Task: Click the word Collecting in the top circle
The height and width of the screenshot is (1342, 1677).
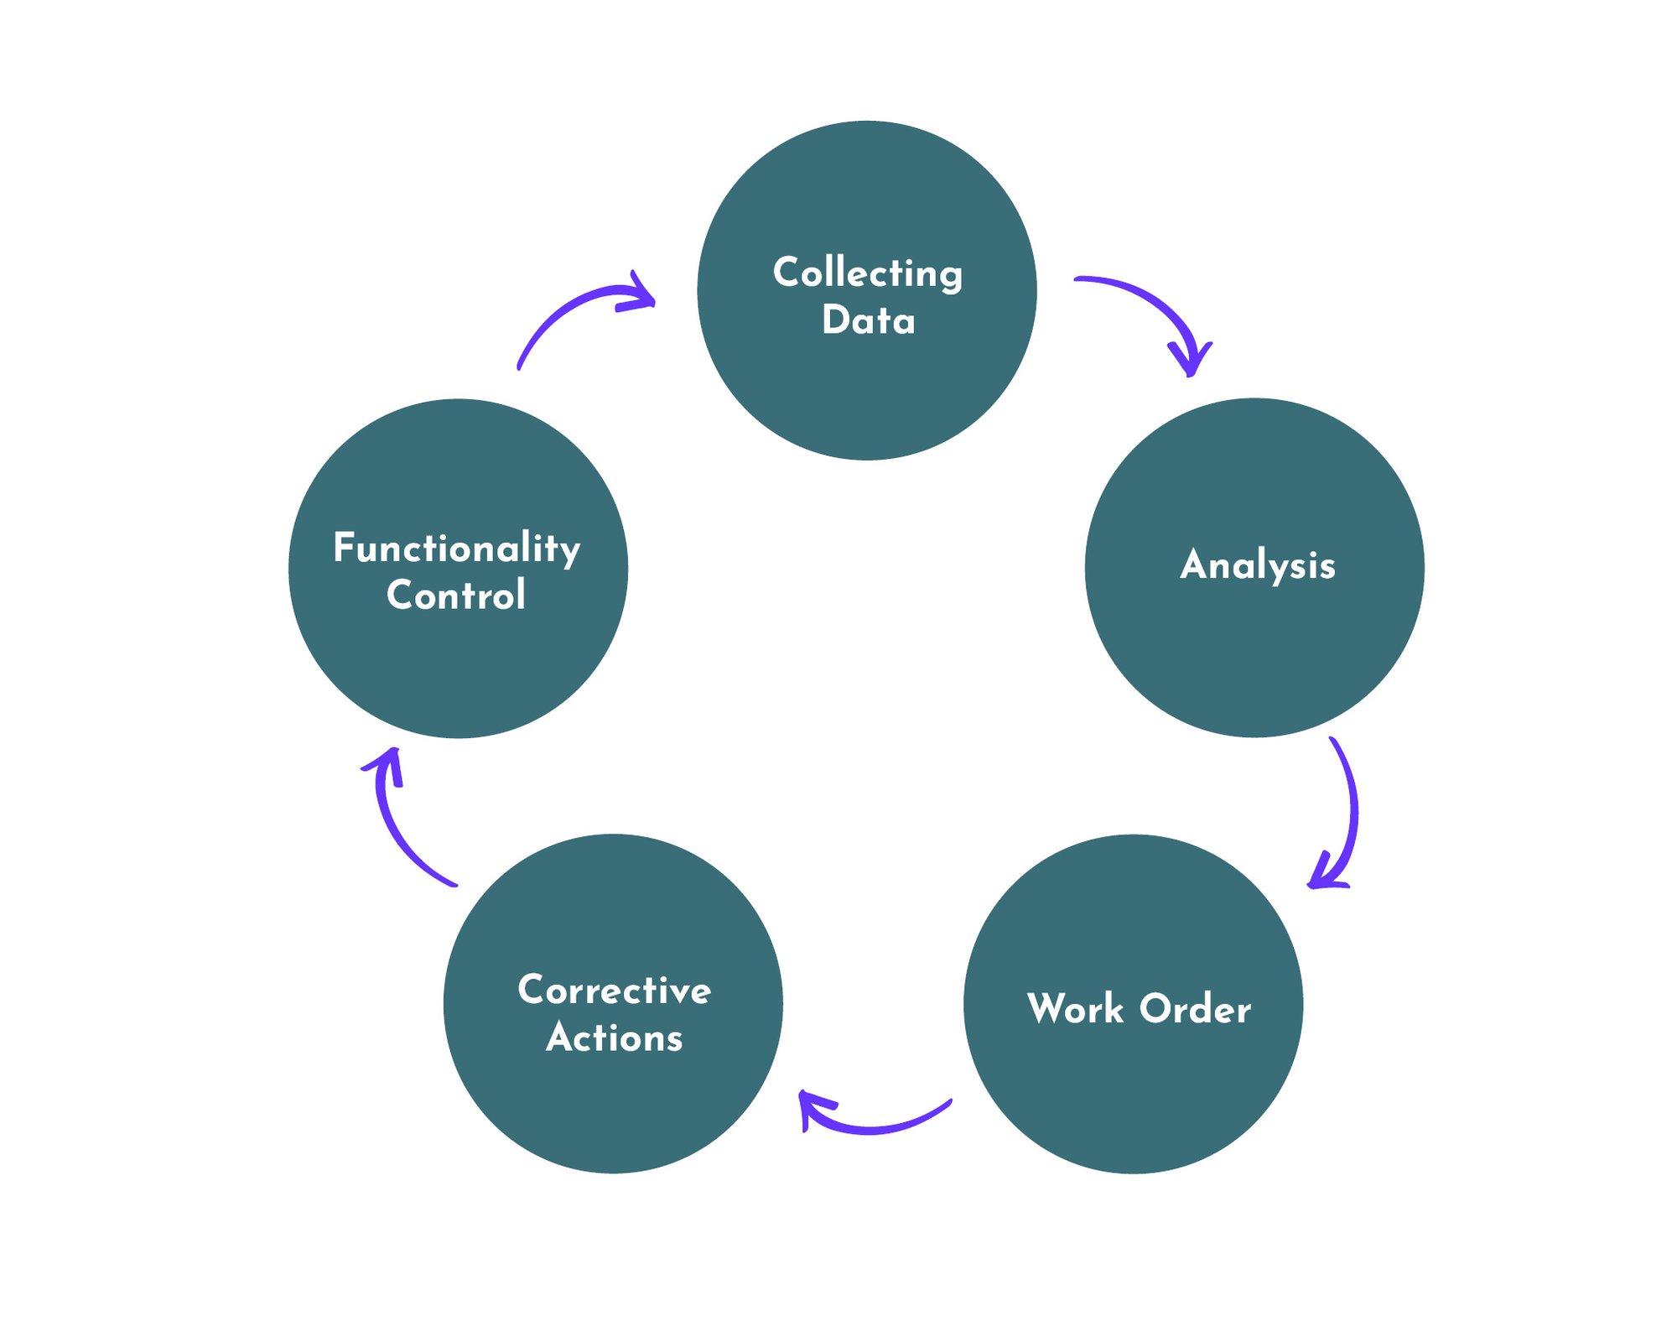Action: (867, 273)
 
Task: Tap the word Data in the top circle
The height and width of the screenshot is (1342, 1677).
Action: (868, 320)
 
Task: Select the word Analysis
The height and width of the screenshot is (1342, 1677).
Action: (1257, 564)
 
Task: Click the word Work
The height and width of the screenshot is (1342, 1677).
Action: (1075, 1008)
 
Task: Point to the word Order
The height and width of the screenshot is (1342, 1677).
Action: (1195, 1008)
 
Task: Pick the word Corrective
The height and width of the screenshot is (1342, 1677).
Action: (615, 990)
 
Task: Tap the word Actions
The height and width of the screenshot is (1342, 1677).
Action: (615, 1038)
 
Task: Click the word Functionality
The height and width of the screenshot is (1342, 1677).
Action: (457, 549)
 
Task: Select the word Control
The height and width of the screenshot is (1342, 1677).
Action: (456, 596)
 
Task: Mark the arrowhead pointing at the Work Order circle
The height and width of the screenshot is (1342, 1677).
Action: (1322, 876)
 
